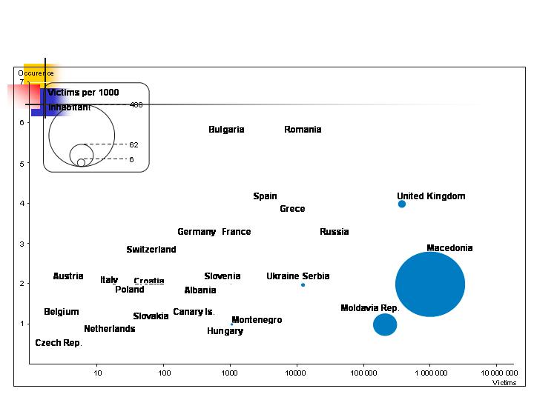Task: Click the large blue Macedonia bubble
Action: [x=430, y=284]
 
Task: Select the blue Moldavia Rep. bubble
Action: [x=385, y=324]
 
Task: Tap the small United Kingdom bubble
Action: [x=402, y=204]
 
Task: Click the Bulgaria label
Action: [x=226, y=130]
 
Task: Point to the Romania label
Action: [x=303, y=130]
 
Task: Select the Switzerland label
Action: [x=151, y=250]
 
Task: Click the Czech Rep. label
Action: [x=59, y=343]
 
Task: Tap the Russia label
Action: [x=334, y=232]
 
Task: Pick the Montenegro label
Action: [x=257, y=320]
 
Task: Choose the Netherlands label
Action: [x=110, y=329]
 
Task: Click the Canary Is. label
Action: [x=194, y=312]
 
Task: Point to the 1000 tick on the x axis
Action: [x=230, y=372]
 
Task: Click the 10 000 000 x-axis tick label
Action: [x=500, y=372]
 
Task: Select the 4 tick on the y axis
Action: [x=22, y=203]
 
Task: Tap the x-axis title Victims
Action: [x=504, y=382]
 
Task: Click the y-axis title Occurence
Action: [x=36, y=73]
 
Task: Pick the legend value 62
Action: [x=133, y=145]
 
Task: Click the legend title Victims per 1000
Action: [x=83, y=93]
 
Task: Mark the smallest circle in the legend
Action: [x=81, y=162]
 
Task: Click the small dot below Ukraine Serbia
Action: [x=303, y=285]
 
